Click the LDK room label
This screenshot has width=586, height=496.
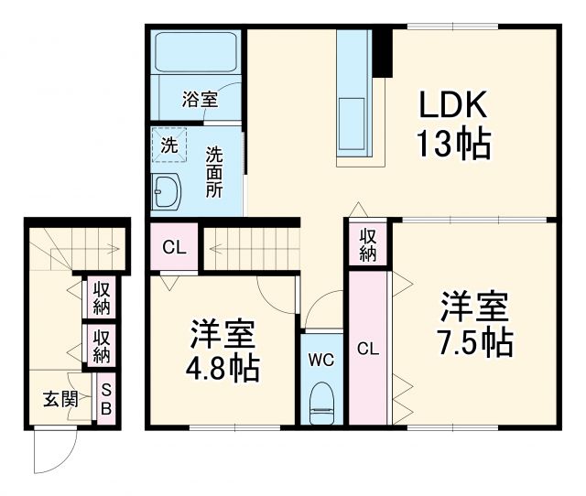tap(454, 107)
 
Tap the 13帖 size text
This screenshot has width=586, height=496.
tap(454, 144)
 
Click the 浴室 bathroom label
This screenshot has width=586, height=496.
tap(200, 99)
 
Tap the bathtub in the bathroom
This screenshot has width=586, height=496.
tap(197, 52)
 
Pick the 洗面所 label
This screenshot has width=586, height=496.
tap(213, 171)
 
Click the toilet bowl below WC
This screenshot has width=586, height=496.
tap(321, 403)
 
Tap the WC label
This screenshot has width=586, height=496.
tap(321, 359)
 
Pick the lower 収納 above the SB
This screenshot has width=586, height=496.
tap(101, 345)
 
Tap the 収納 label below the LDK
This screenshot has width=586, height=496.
tap(367, 243)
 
